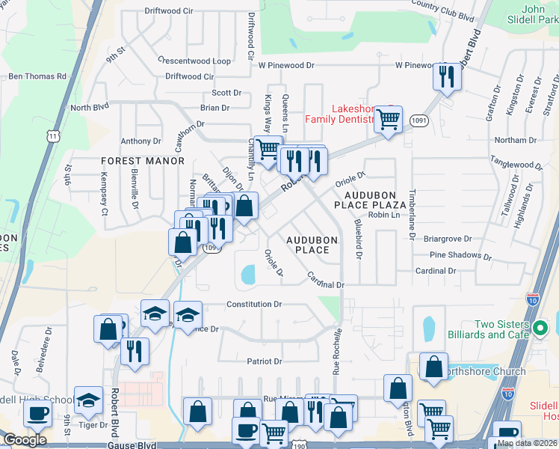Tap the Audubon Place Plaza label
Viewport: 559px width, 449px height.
[x=369, y=199]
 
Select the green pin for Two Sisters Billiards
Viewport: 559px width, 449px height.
[x=543, y=328]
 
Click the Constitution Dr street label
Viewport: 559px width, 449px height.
[x=254, y=305]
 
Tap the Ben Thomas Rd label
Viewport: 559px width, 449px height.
[x=37, y=76]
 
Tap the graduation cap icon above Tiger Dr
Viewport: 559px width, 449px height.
[x=88, y=401]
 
